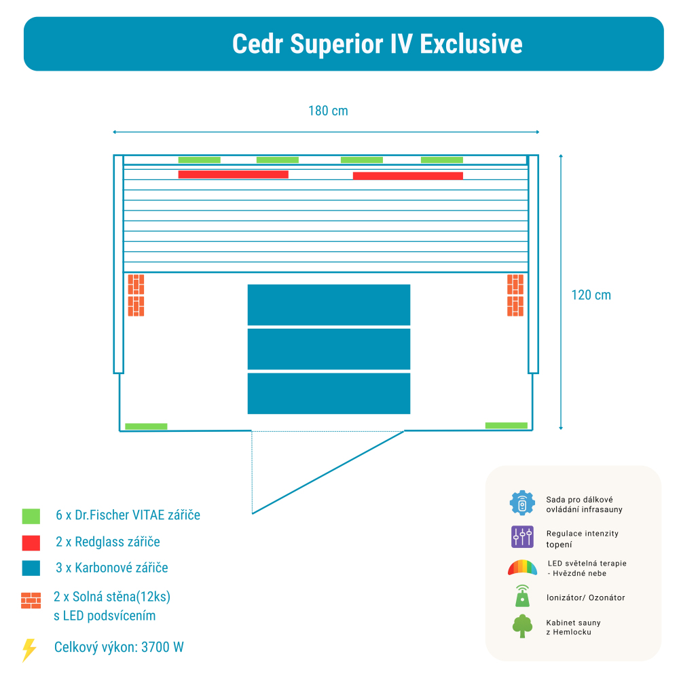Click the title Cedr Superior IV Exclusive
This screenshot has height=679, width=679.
coord(377,44)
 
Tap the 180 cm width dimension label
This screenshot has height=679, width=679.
coord(328,111)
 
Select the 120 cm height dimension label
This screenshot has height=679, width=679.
coord(591,295)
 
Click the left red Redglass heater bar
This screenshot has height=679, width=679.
coord(233,175)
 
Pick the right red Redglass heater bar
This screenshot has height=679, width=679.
coord(407,176)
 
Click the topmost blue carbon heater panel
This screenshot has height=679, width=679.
coord(329,305)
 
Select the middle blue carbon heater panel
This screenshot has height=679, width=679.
coord(329,349)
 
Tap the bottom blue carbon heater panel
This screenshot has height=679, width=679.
coord(329,393)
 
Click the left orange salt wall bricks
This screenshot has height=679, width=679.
coord(136,295)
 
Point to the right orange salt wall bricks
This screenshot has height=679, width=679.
coord(515,295)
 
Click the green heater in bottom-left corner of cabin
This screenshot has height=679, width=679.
coord(146,426)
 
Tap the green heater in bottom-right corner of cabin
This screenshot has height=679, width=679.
coord(506,426)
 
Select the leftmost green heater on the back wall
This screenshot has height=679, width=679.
coord(199,160)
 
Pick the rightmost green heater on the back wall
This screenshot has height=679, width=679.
coord(441,160)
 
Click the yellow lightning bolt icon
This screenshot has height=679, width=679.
coord(29,650)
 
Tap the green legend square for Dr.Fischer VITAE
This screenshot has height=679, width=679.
coord(31,516)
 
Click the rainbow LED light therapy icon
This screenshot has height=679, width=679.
coord(522,568)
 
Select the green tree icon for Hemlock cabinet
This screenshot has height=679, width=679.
coord(522,626)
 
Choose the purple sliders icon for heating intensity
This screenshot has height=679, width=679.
coord(522,537)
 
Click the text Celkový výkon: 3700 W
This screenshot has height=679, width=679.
coord(119,647)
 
